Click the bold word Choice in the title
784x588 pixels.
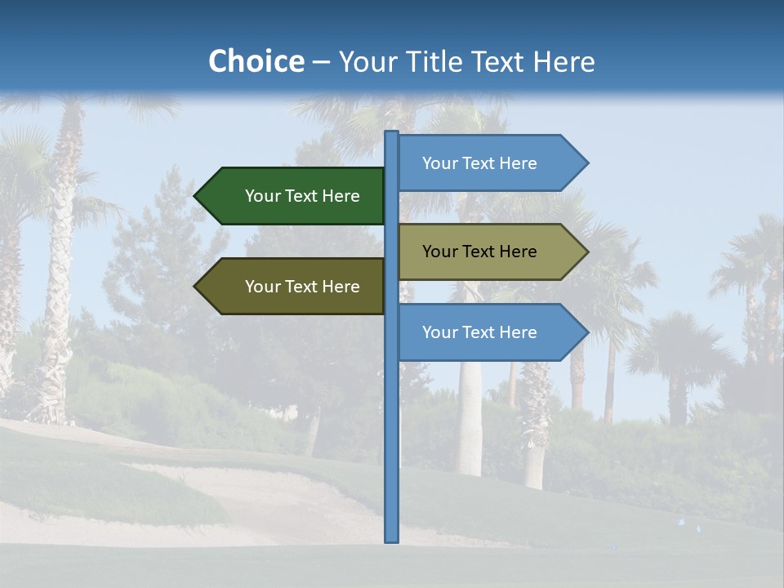point(256,62)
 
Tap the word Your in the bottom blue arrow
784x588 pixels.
point(439,332)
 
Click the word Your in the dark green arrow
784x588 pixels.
point(262,196)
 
